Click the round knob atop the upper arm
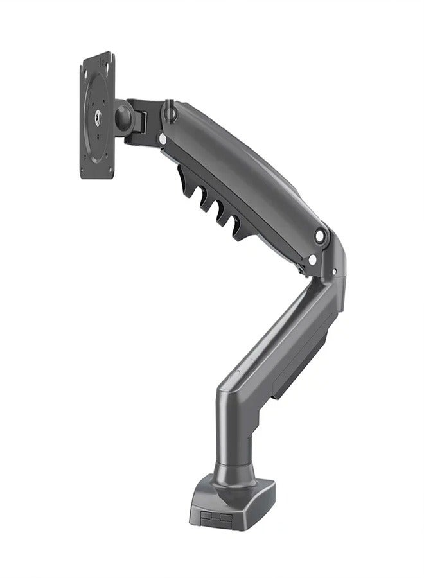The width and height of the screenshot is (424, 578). click(170, 111)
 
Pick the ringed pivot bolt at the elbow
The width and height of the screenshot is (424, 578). click(319, 237)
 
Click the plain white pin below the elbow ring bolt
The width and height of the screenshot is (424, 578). click(312, 259)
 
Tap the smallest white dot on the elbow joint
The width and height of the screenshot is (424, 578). click(333, 272)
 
